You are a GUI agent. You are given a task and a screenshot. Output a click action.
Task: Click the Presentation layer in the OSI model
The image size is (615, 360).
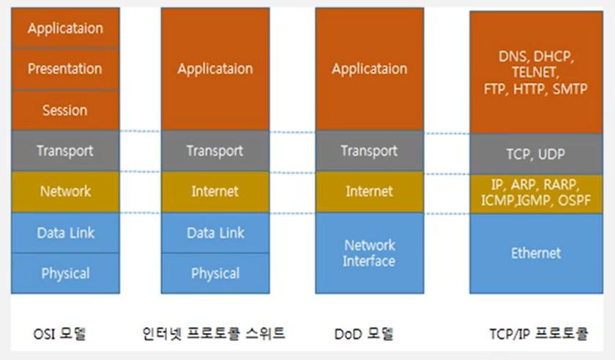(x=65, y=70)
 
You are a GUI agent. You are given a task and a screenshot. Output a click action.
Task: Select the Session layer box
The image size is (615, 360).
(x=65, y=110)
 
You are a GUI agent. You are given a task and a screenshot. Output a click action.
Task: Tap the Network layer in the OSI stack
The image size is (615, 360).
(x=65, y=192)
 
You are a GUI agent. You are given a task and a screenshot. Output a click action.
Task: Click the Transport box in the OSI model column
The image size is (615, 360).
(x=65, y=151)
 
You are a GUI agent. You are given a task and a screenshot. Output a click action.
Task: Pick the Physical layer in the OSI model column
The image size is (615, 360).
(x=65, y=274)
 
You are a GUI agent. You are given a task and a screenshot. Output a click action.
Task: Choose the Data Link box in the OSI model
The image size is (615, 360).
(x=65, y=233)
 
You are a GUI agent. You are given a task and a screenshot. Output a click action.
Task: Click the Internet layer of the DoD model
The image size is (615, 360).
(x=369, y=192)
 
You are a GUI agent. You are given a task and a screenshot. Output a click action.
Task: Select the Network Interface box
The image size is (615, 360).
(x=369, y=252)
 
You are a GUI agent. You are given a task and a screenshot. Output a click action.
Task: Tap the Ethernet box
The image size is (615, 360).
(x=536, y=253)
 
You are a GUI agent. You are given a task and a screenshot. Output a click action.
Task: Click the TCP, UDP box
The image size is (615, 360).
(x=536, y=154)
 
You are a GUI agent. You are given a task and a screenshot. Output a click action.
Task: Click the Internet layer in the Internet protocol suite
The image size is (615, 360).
(x=215, y=192)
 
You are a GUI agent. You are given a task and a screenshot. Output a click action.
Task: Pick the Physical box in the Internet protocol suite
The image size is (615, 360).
(x=215, y=274)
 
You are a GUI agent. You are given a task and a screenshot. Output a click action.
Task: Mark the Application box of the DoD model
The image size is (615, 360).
(x=369, y=70)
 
